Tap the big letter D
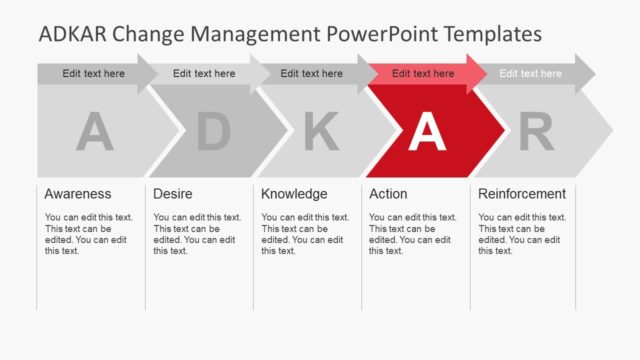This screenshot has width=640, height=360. (212, 132)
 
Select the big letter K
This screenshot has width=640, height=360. (320, 132)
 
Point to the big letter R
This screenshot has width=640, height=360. (537, 132)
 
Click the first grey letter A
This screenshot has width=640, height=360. (95, 132)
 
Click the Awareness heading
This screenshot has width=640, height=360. (78, 194)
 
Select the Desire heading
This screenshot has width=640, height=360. (172, 194)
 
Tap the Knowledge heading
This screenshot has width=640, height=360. (294, 194)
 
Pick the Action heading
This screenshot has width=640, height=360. (388, 194)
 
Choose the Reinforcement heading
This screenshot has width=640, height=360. (522, 194)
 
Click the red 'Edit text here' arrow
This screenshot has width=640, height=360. (422, 73)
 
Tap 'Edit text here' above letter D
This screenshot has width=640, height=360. (204, 73)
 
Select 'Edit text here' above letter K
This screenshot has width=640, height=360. (311, 73)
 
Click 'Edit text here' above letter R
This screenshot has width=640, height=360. (531, 73)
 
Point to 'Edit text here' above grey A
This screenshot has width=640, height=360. (93, 73)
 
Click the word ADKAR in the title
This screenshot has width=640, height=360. (73, 34)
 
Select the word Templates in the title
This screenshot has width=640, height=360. (493, 34)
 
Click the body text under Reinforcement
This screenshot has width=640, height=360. (522, 234)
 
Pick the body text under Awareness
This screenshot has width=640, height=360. (88, 234)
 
